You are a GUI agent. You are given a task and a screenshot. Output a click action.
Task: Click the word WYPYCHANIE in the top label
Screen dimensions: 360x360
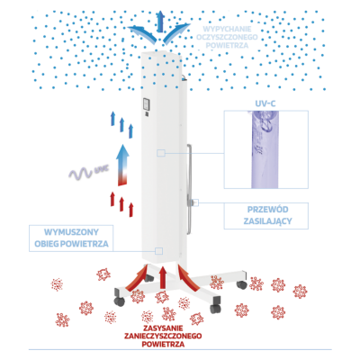tap(227, 29)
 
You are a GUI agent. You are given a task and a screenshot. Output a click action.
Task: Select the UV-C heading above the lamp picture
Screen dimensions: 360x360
tap(265, 103)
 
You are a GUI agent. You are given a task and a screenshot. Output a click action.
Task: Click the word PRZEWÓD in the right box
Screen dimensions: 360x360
tap(264, 210)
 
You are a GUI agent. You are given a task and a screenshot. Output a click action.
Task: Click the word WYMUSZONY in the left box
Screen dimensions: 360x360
tap(71, 232)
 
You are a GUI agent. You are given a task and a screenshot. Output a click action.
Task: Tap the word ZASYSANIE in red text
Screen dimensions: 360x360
tap(163, 328)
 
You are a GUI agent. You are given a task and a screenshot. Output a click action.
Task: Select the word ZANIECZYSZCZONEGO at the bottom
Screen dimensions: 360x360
tap(163, 336)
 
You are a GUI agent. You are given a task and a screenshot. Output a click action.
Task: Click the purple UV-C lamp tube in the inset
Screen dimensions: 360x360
tap(265, 149)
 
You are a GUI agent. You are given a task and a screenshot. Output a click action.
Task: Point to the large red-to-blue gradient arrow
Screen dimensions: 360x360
tap(122, 165)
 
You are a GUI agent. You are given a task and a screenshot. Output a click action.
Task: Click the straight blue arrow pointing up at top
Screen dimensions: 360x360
tap(160, 21)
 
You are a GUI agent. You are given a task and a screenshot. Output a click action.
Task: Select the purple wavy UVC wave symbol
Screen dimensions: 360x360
tap(80, 173)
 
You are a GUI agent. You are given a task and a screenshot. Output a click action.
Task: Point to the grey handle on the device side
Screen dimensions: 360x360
tap(188, 189)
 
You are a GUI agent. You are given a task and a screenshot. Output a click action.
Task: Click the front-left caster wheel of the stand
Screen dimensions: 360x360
tap(120, 301)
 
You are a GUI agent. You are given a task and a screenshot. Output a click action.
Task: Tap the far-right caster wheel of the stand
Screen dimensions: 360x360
tap(241, 284)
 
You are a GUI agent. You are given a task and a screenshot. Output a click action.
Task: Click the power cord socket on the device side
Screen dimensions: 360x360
tap(194, 202)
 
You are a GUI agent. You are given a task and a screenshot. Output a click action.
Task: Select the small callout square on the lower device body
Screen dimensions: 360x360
tap(158, 251)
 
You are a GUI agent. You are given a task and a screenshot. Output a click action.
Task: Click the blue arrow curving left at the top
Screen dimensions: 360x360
tap(141, 32)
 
